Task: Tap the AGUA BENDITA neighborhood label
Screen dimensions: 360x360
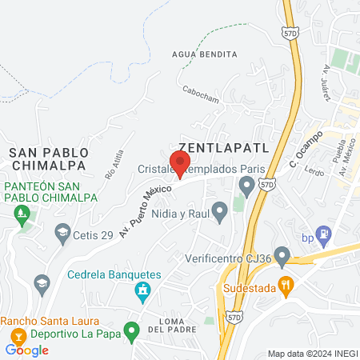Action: [x=205, y=54]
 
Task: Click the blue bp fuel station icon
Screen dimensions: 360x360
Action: [x=323, y=235]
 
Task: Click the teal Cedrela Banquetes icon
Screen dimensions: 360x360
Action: [x=143, y=290]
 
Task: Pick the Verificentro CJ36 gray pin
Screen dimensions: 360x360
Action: [x=279, y=254]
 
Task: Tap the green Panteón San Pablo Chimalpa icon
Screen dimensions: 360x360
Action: [x=22, y=214]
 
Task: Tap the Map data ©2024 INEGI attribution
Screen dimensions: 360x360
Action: [x=311, y=354]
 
